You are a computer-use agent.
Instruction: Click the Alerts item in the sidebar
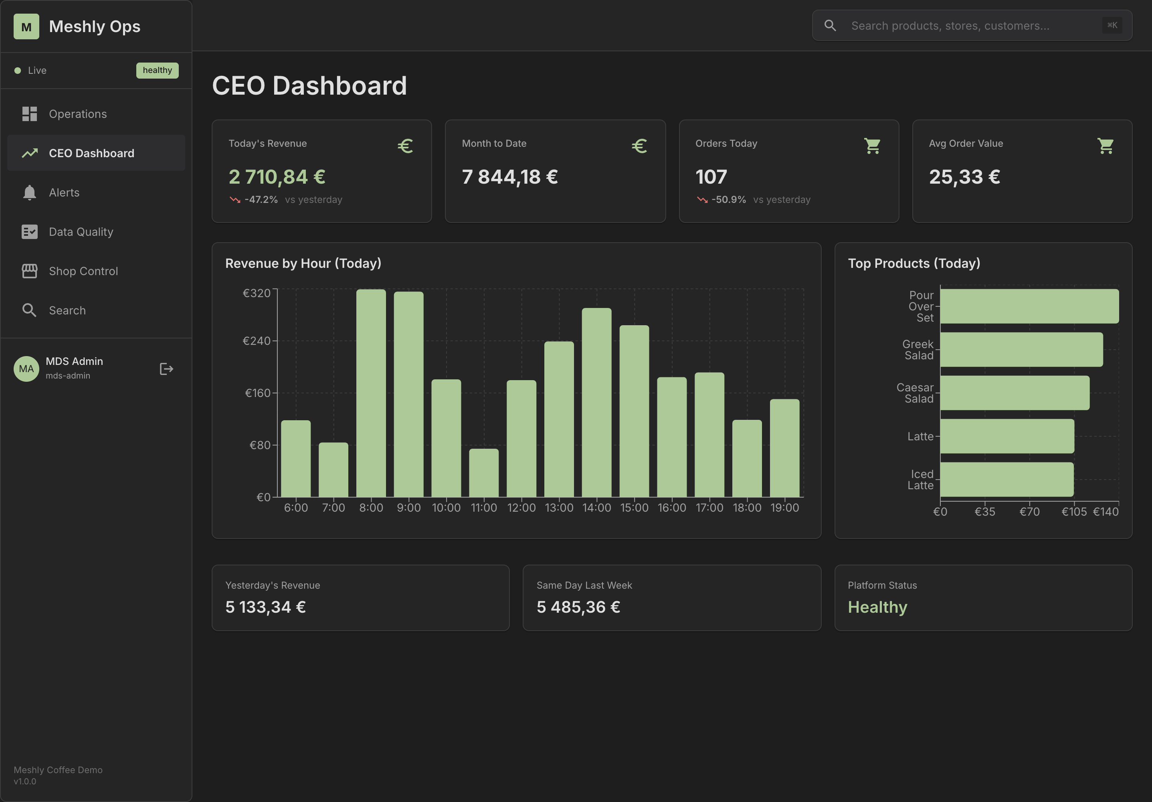64,193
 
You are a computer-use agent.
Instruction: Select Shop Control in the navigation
83,271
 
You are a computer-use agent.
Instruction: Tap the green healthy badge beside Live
157,70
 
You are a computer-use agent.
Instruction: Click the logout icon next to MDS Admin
166,369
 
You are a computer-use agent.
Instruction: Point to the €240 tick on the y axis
257,341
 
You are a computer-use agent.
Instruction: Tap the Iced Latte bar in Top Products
1006,479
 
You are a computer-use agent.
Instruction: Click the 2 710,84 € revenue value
277,177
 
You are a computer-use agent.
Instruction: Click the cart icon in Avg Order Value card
1106,146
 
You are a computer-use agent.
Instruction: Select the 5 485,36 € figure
578,607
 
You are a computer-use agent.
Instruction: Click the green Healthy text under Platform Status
877,607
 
